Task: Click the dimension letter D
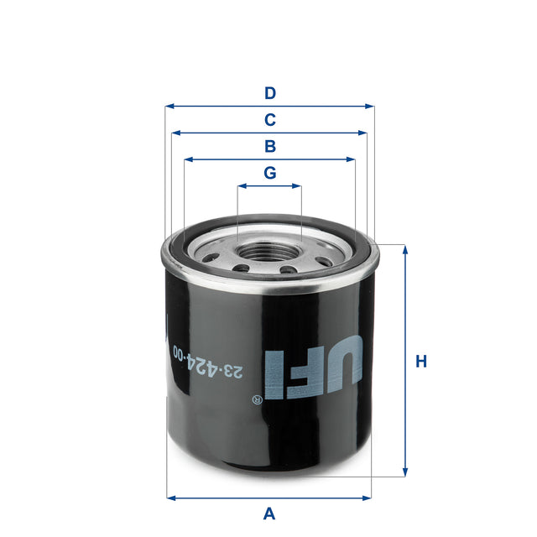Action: tap(269, 92)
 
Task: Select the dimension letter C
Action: tap(269, 119)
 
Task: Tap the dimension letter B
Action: tap(269, 146)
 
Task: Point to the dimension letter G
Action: tap(269, 173)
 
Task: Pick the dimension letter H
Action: tap(421, 362)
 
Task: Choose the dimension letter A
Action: tap(269, 513)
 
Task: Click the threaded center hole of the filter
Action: tap(269, 251)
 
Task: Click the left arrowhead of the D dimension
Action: tap(169, 107)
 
